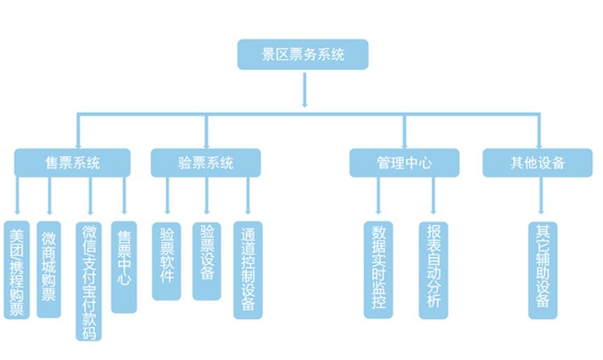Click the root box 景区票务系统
coord(304,56)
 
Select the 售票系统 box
coord(72,163)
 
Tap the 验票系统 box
coord(205,163)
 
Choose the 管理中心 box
coord(404,163)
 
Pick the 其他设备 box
coord(538,163)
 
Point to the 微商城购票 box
coord(49,269)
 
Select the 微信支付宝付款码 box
coord(90,281)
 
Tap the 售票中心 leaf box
coord(124,267)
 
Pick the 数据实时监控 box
coord(378,268)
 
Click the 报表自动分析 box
coord(433,268)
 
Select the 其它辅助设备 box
coord(541,268)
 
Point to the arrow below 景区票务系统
coord(304,89)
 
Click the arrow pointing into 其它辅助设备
coord(541,198)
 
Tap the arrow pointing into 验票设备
coord(207,198)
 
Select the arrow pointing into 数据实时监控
coord(378,198)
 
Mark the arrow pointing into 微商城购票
coord(49,198)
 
